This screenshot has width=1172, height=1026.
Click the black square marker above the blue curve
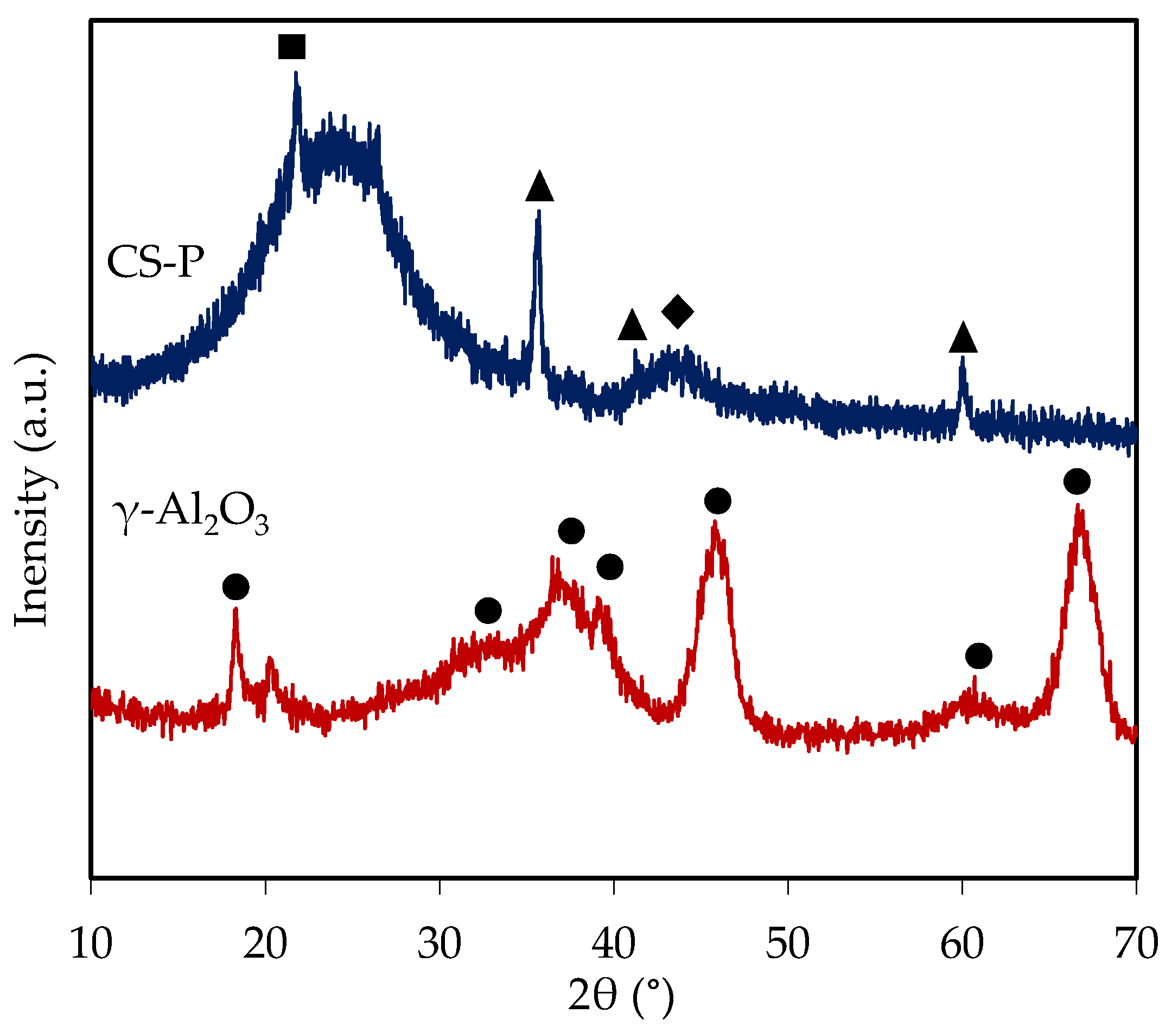tap(291, 47)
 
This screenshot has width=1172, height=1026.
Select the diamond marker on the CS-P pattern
tap(677, 312)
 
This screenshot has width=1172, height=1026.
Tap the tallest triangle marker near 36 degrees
tap(539, 187)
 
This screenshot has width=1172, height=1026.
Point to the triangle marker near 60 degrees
tap(963, 339)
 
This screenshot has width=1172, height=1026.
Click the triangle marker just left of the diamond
tap(632, 326)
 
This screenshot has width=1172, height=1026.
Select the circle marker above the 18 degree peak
tap(236, 587)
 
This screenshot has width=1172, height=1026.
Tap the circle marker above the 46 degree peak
tap(717, 501)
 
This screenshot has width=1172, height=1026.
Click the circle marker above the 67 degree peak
tap(1077, 481)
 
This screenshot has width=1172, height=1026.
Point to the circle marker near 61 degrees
tap(978, 655)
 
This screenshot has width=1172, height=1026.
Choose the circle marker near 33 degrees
tap(488, 611)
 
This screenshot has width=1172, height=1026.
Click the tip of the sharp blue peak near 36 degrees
tap(538, 212)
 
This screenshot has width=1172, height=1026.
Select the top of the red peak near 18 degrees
tap(235, 610)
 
